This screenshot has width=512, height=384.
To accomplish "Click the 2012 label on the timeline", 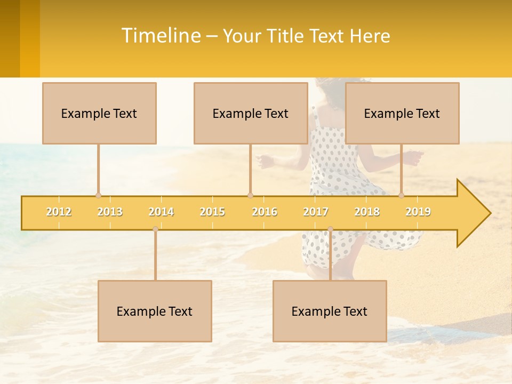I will point(59,212).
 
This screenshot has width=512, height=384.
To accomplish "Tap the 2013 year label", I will point(110,212).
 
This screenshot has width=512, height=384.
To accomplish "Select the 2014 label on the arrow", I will point(161,212).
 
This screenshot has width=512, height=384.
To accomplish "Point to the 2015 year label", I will point(212,212).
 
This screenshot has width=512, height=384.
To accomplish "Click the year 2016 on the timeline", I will point(265,212).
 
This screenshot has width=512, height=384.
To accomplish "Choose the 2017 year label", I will point(316,212).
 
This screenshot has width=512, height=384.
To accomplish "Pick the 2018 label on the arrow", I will point(367,212).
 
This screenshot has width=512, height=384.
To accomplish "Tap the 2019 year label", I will point(418,212).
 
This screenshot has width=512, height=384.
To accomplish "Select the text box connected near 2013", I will point(99,113).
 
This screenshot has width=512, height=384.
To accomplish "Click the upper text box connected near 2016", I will point(251,113).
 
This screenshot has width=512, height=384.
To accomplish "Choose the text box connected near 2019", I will point(402,113).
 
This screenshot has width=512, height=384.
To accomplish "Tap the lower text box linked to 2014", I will point(155,311).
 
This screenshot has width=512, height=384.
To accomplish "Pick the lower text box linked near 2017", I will point(330,311).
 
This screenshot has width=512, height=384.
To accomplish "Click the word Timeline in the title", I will point(161,36).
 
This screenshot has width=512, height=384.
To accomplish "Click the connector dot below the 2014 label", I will point(155,229).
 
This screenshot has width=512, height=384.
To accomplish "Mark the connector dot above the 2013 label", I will point(98,196).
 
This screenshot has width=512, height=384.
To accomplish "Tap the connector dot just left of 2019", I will point(401,196).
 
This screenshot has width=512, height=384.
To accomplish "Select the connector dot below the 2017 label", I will point(330,229).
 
